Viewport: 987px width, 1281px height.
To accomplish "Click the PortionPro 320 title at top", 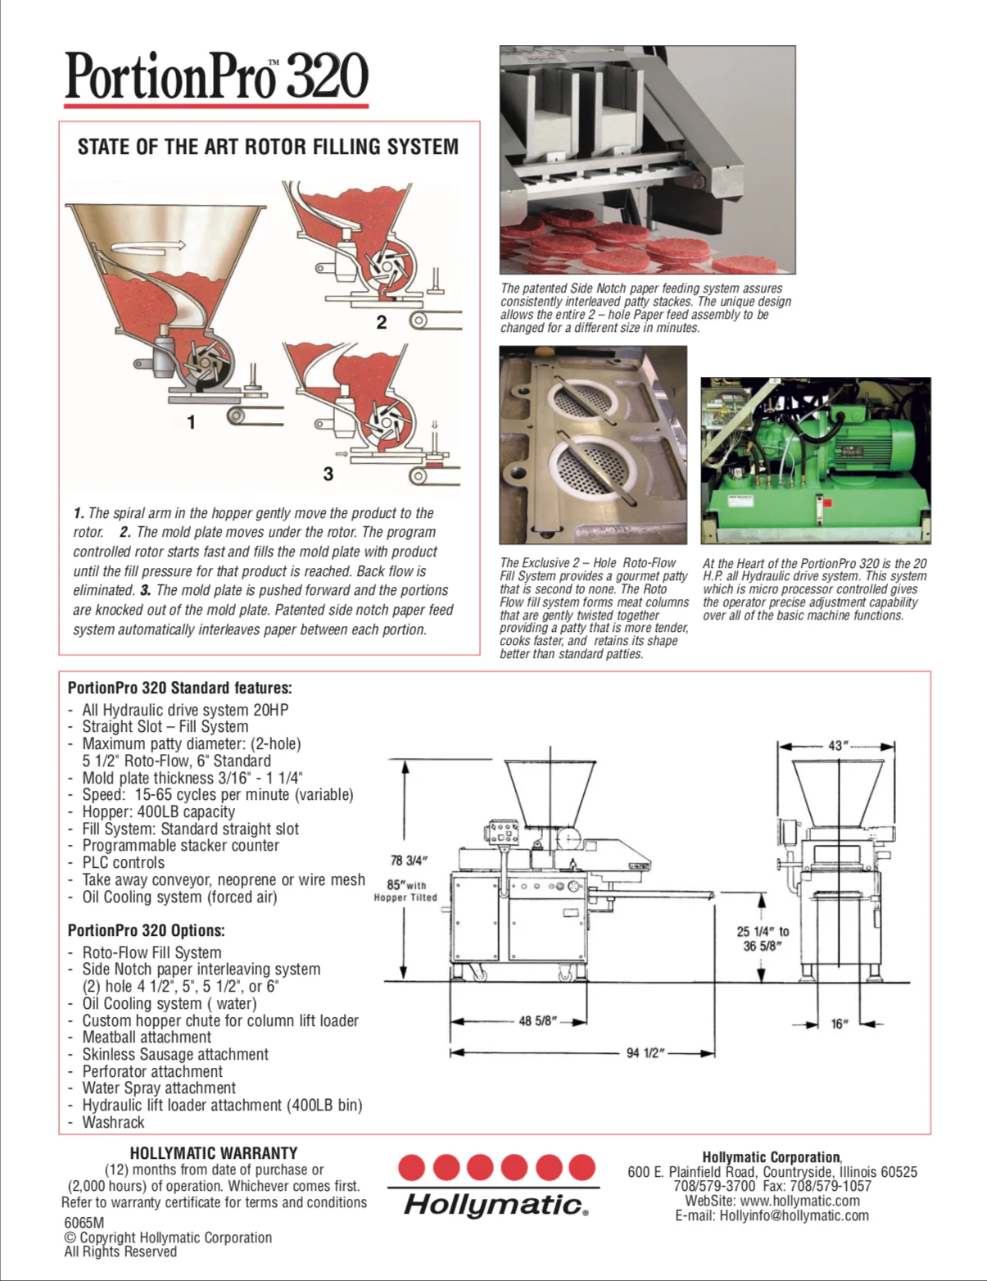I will [216, 76].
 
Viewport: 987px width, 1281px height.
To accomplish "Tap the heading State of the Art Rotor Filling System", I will [268, 147].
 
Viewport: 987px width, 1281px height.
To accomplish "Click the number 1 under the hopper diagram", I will [191, 422].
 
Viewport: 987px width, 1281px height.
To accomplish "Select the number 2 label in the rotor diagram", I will [381, 322].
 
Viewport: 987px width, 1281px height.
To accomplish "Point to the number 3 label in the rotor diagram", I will [328, 474].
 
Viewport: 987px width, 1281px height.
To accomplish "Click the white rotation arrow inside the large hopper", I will [147, 245].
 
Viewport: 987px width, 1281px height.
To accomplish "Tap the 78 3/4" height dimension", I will [408, 860].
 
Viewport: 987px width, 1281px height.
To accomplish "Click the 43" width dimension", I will [836, 745].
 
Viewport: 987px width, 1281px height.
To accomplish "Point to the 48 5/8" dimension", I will [538, 1021].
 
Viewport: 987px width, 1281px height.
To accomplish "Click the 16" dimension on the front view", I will [840, 1024].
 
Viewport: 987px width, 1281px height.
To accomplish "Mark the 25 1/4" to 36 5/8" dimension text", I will [762, 938].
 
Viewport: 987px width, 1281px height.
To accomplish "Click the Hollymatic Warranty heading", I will [214, 1153].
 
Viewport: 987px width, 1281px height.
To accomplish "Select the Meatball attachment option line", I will [147, 1037].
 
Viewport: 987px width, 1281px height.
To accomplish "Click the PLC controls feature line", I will [123, 862].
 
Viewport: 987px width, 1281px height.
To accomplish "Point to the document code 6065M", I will [84, 1222].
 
